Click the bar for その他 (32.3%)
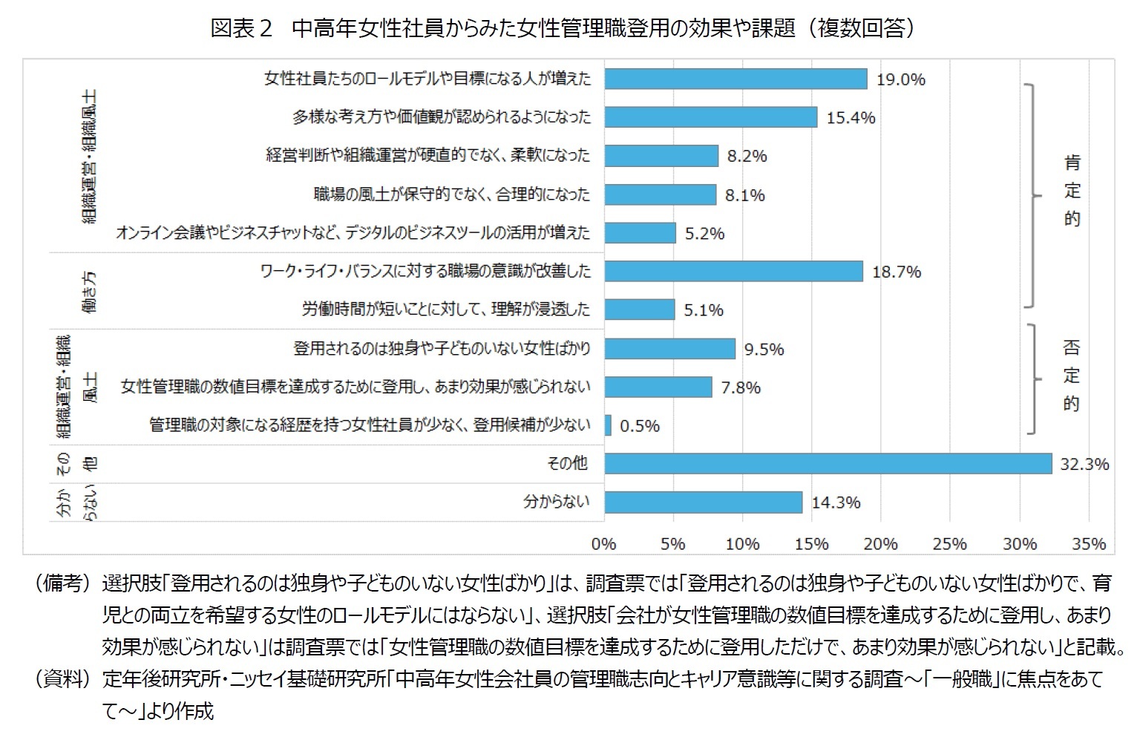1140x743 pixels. click(x=828, y=464)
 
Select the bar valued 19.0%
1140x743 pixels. click(x=736, y=79)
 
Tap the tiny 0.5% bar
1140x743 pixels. click(x=608, y=425)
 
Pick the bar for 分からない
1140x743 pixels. click(x=703, y=503)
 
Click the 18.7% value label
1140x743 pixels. click(x=897, y=272)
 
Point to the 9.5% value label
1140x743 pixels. click(x=764, y=349)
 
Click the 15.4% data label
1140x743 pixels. click(x=851, y=117)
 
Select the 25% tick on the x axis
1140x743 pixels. click(x=950, y=544)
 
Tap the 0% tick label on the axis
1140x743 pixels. click(x=604, y=544)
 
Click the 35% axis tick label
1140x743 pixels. click(x=1089, y=544)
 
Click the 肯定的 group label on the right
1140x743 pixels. click(x=1072, y=191)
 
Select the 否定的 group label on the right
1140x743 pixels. click(x=1071, y=376)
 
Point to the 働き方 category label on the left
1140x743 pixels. click(x=89, y=290)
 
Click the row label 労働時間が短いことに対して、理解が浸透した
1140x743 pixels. click(x=446, y=310)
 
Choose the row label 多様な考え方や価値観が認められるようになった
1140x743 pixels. click(x=442, y=117)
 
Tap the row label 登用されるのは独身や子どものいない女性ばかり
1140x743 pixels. click(x=442, y=348)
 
